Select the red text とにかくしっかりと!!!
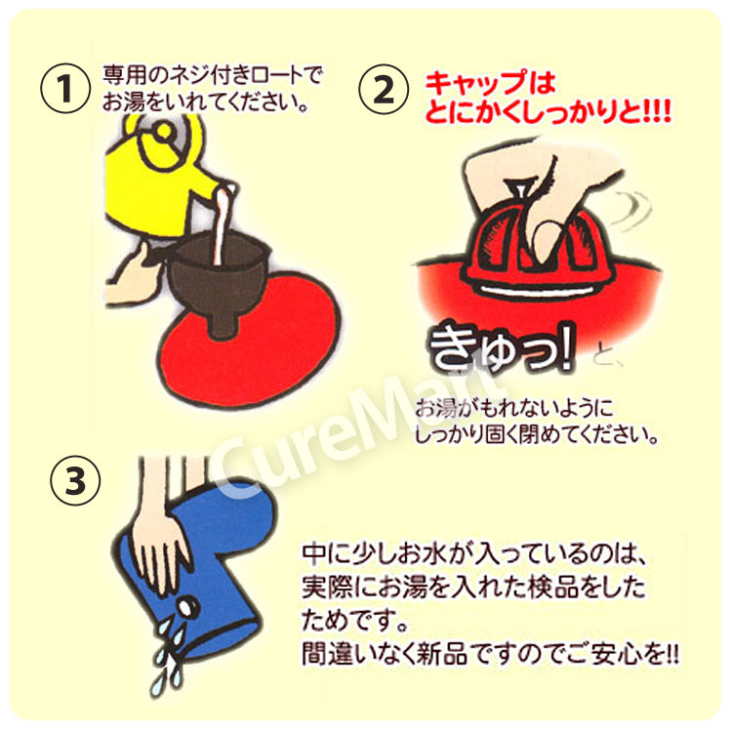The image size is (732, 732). pos(548,114)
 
